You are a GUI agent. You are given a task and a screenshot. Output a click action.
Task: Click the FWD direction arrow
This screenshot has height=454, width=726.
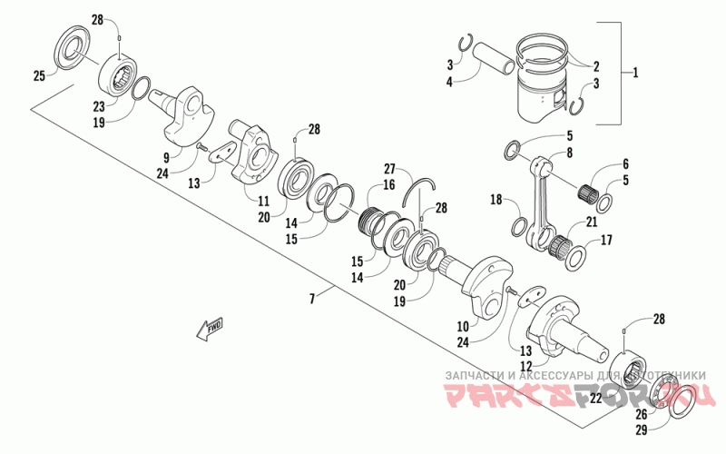[x=210, y=328]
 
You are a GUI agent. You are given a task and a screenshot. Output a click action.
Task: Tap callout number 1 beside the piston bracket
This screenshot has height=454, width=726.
[x=635, y=72]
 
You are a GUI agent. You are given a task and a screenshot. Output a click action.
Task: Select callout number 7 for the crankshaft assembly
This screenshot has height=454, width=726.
[x=313, y=298]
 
